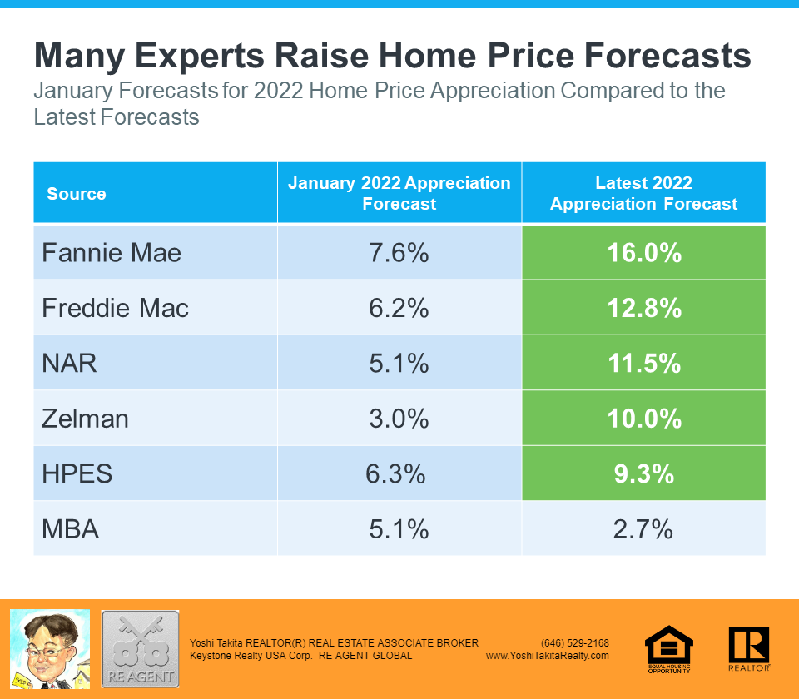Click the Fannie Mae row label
click(112, 252)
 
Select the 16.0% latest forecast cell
click(643, 252)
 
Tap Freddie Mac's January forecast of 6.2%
click(399, 308)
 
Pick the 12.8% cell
click(643, 308)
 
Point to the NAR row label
click(69, 363)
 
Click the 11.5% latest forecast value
click(643, 363)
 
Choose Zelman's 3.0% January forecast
click(399, 418)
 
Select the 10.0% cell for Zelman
click(643, 418)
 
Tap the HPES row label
click(77, 473)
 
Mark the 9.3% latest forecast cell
click(643, 473)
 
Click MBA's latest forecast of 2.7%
click(643, 528)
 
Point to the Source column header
click(77, 194)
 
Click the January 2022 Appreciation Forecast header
click(399, 193)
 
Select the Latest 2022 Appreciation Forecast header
click(643, 193)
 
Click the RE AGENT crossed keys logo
click(140, 649)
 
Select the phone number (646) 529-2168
click(574, 642)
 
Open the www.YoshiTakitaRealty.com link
click(548, 656)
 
